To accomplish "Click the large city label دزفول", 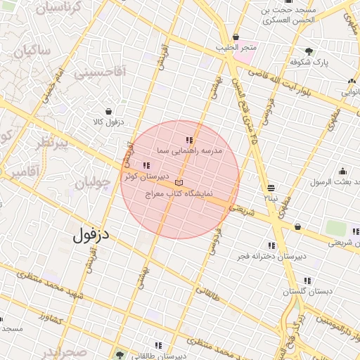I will pyautogui.click(x=91, y=235).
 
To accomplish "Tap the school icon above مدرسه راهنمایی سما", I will pyautogui.click(x=188, y=141).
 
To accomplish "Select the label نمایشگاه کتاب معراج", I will pyautogui.click(x=180, y=193).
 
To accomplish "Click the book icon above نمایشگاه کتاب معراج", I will pyautogui.click(x=178, y=183).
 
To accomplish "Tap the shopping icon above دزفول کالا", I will pyautogui.click(x=108, y=111).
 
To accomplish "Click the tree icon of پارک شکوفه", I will pyautogui.click(x=309, y=51).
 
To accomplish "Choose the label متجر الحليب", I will pyautogui.click(x=237, y=48).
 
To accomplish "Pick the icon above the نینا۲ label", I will pyautogui.click(x=271, y=188).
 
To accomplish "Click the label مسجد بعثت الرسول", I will pyautogui.click(x=337, y=181).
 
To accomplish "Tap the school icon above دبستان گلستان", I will pyautogui.click(x=307, y=281).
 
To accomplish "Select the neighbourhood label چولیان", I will pyautogui.click(x=93, y=184).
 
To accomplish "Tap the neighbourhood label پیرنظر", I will pyautogui.click(x=53, y=144).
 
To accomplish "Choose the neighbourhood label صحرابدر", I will pyautogui.click(x=63, y=352).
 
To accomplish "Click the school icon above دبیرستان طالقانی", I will pyautogui.click(x=158, y=345).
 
